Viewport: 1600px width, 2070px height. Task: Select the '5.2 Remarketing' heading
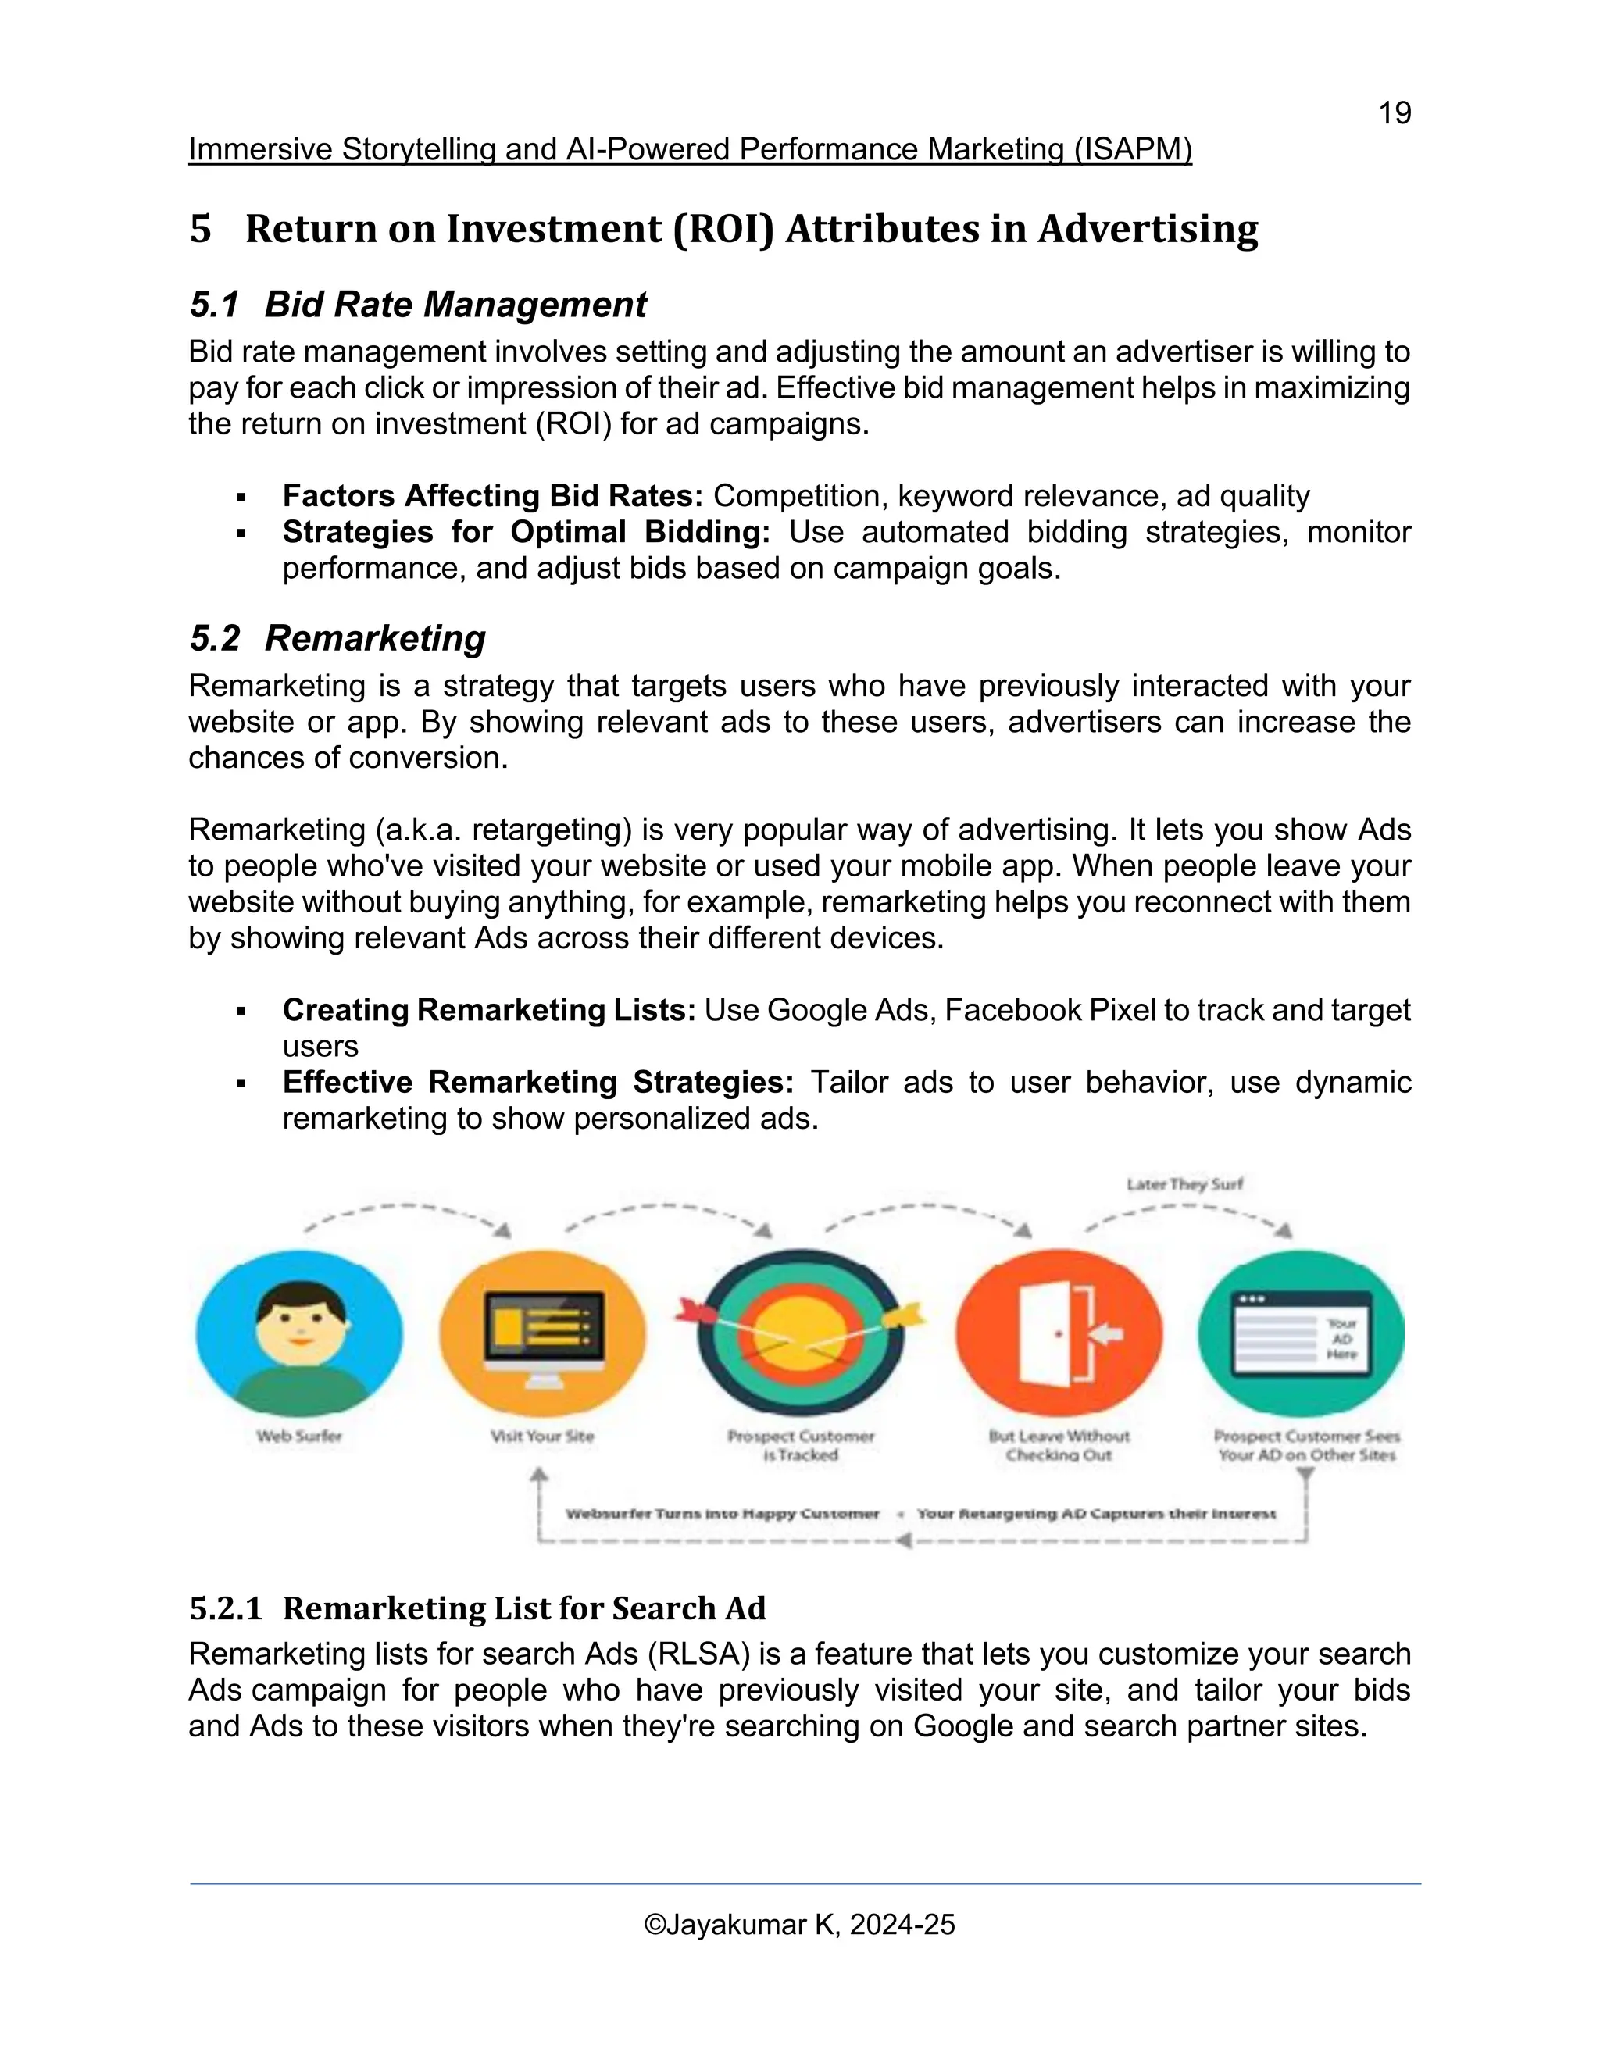point(337,638)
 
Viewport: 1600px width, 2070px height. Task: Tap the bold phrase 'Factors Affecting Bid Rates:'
point(492,496)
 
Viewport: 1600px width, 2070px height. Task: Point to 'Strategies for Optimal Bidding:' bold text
point(526,532)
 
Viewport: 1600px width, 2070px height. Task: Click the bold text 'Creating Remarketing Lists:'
point(489,1009)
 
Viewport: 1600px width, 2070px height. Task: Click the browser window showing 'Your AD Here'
point(1301,1334)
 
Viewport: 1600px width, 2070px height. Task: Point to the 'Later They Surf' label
point(1184,1183)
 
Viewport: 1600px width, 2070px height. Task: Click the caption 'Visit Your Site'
point(542,1436)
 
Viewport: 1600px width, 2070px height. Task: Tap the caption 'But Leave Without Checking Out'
point(1059,1445)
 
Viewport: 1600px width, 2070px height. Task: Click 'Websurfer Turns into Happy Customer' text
point(723,1514)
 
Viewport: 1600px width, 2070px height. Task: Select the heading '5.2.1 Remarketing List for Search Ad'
point(477,1608)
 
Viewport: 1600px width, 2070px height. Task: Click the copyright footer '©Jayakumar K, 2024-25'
point(799,1924)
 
